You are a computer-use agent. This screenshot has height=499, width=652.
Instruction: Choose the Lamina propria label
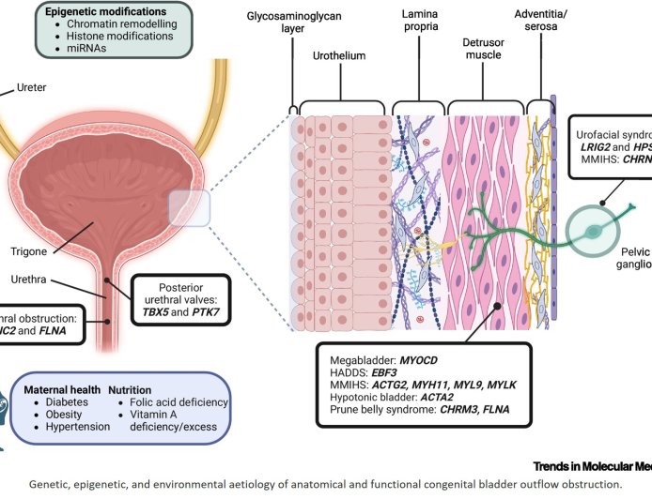(420, 23)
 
